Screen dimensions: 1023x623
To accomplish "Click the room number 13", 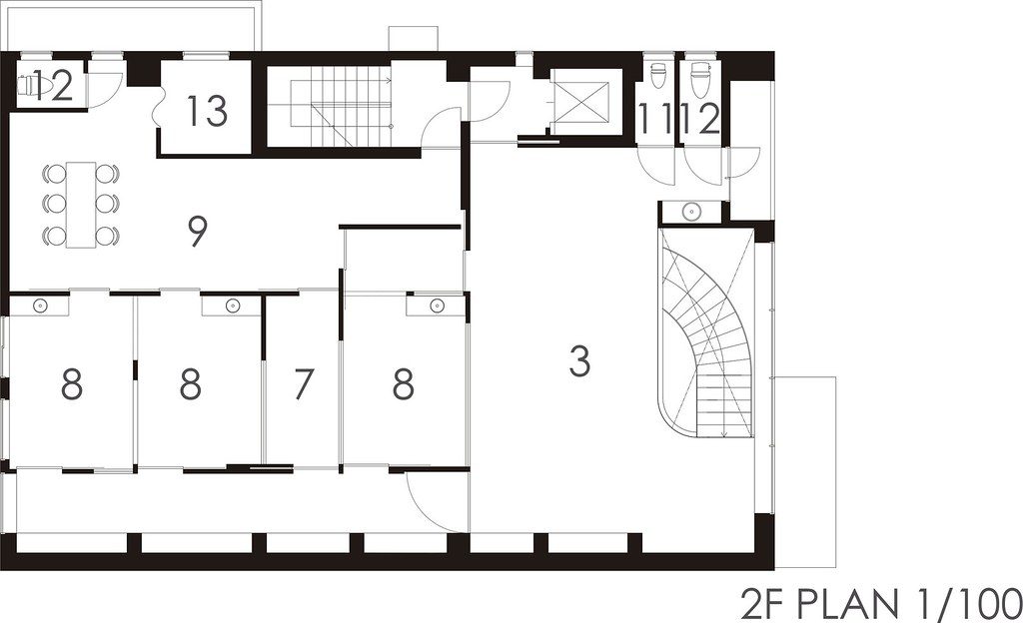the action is (208, 111).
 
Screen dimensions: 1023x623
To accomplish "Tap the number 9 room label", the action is (198, 232).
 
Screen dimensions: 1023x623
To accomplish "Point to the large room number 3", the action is (579, 361).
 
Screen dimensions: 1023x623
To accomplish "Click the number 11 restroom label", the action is (654, 120).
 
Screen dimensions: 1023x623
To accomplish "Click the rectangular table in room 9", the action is (81, 204).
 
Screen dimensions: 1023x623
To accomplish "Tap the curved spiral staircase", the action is (706, 332).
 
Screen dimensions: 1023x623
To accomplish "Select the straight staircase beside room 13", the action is (341, 107).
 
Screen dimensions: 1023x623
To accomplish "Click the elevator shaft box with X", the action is (580, 102).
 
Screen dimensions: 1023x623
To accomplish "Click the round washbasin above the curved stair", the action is (691, 211).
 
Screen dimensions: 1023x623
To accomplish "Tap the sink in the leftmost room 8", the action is (40, 305).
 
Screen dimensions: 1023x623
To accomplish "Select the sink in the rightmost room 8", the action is (437, 305).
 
